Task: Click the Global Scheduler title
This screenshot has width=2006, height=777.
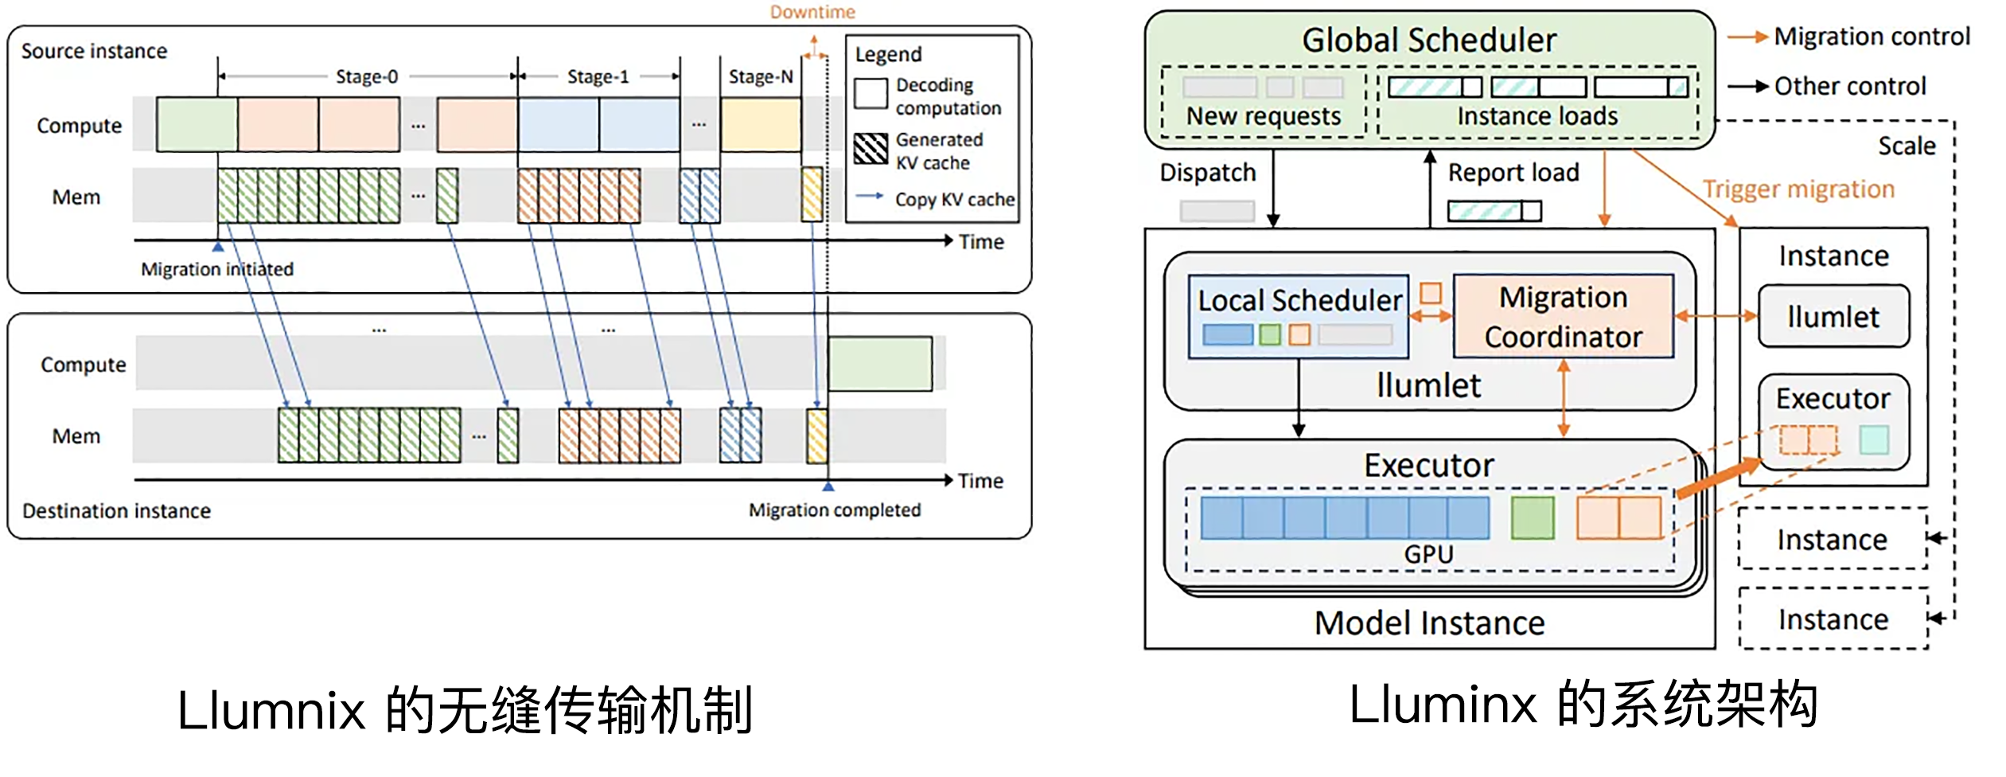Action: pos(1428,40)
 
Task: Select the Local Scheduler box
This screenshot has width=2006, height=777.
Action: pos(1298,316)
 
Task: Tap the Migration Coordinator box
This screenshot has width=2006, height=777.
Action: pos(1563,316)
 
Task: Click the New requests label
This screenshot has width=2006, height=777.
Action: pos(1263,116)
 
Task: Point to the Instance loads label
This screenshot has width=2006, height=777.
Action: pos(1537,116)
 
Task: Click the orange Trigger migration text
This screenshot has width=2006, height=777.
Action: pos(1798,189)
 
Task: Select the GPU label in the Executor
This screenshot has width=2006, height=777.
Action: pos(1428,554)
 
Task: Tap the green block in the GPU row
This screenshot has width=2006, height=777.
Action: pos(1532,517)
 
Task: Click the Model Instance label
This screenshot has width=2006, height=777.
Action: pos(1429,623)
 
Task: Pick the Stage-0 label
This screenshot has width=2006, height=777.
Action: pos(367,76)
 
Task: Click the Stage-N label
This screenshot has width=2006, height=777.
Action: pos(761,76)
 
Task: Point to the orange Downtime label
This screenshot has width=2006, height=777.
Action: pos(812,12)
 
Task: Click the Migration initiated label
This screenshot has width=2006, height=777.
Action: pos(217,269)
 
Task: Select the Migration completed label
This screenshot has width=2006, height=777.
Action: pos(834,510)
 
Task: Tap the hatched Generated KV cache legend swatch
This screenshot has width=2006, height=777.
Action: pos(871,149)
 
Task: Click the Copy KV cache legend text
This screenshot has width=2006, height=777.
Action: pos(954,199)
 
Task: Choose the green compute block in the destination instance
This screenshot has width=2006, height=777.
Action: pos(880,364)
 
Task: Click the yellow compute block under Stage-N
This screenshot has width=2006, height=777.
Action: pos(761,125)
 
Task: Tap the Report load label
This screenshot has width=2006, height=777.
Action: pos(1513,173)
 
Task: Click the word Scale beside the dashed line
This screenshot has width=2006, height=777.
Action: pos(1907,146)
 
